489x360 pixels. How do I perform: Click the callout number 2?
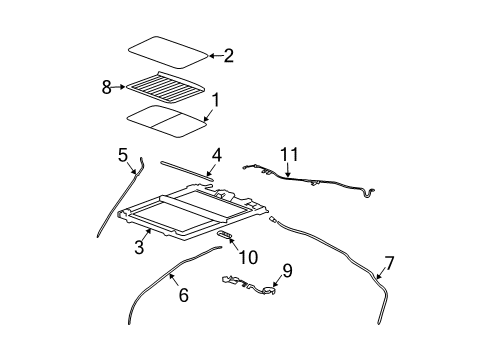(228, 56)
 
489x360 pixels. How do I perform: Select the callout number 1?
(213, 98)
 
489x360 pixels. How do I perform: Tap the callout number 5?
(123, 155)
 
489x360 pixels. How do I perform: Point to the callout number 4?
(215, 155)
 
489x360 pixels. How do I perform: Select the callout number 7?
(388, 264)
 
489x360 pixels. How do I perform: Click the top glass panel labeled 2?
(167, 51)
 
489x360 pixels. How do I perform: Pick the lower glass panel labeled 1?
(165, 120)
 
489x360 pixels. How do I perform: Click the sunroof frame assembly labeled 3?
(190, 215)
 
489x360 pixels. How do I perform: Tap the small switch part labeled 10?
(225, 234)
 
